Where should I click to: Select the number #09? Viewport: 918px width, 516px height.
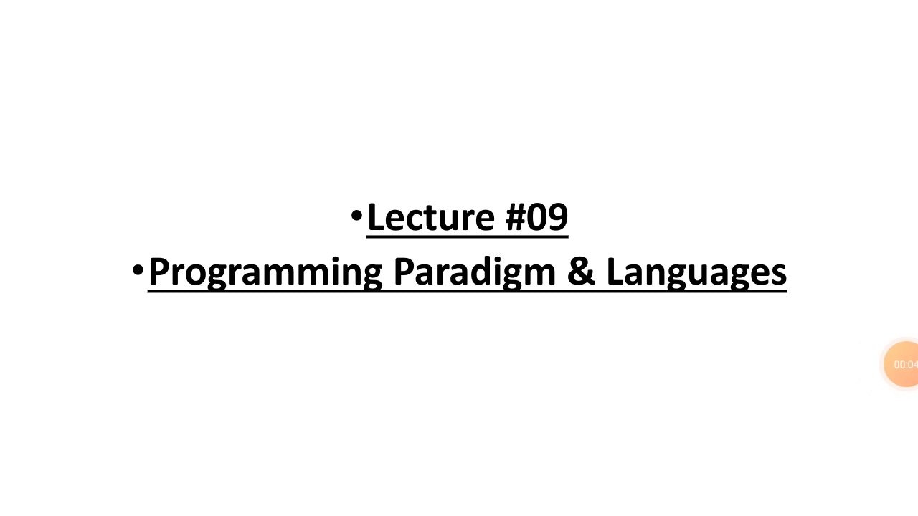pyautogui.click(x=537, y=217)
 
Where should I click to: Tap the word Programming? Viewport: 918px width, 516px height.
pyautogui.click(x=265, y=272)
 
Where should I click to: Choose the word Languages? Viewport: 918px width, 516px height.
pyautogui.click(x=696, y=272)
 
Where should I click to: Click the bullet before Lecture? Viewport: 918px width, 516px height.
pyautogui.click(x=356, y=215)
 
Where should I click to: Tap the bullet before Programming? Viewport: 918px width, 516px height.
pyautogui.click(x=138, y=270)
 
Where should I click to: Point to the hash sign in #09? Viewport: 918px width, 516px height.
pyautogui.click(x=516, y=217)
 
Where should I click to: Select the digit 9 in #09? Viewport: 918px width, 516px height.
pyautogui.click(x=557, y=217)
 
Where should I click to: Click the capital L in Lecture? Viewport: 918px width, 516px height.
pyautogui.click(x=376, y=217)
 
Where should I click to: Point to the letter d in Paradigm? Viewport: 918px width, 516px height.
pyautogui.click(x=473, y=272)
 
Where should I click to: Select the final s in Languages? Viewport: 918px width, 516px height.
pyautogui.click(x=779, y=274)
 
